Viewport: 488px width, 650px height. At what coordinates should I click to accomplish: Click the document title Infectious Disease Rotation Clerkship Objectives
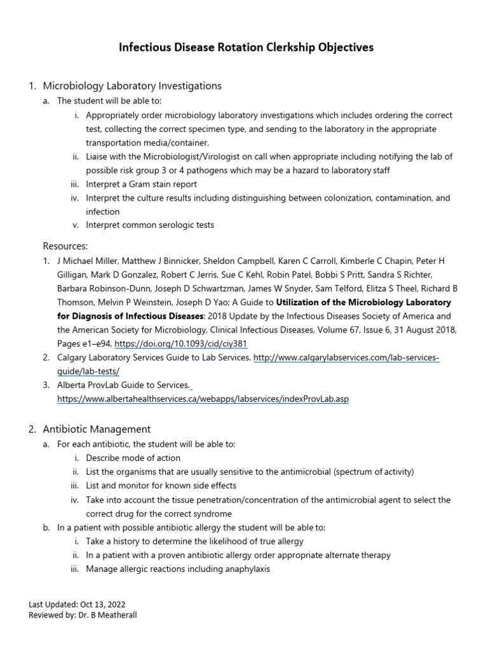[247, 48]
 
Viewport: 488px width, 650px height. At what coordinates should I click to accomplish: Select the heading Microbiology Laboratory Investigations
[132, 86]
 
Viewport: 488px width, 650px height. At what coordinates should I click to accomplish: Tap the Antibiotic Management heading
[97, 429]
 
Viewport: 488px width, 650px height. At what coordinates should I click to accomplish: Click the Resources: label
[65, 246]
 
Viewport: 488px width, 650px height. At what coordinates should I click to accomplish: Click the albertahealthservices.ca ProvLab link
[203, 399]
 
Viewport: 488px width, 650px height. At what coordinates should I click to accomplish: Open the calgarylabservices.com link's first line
[346, 358]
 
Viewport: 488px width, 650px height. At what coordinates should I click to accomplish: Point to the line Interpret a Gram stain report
[141, 184]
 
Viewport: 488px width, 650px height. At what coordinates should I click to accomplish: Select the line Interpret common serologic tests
[150, 225]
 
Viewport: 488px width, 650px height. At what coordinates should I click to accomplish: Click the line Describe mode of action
[133, 458]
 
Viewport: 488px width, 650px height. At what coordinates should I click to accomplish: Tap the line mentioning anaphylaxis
[177, 569]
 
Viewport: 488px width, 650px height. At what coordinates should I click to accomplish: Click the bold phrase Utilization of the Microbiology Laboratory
[363, 302]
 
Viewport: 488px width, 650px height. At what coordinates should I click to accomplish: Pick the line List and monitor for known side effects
[161, 486]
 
